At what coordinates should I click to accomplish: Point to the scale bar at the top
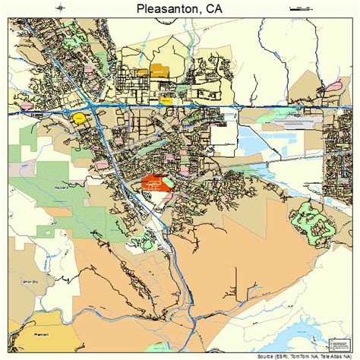click(301, 8)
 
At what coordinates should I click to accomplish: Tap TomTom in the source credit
click(305, 355)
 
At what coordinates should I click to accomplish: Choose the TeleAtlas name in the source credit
click(337, 355)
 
